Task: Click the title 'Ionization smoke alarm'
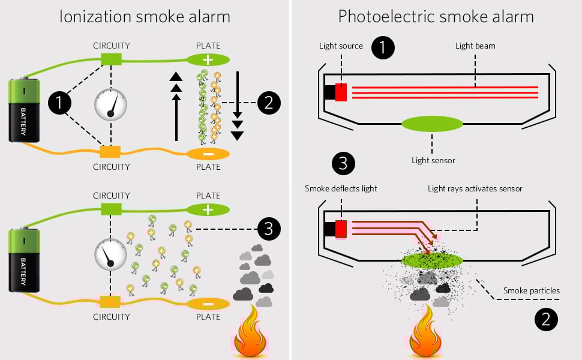tap(145, 16)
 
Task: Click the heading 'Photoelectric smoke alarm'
tap(436, 16)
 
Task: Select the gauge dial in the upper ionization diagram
tap(111, 104)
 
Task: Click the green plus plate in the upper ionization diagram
tap(208, 59)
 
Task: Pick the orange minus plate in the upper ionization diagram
tap(208, 154)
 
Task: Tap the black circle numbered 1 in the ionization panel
tap(59, 103)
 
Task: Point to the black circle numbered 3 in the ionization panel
tap(268, 229)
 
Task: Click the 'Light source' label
tap(341, 46)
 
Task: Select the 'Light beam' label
tap(475, 46)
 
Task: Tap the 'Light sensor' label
tap(433, 160)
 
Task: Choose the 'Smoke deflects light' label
tap(341, 188)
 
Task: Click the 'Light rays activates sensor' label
tap(475, 188)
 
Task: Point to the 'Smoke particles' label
tap(531, 291)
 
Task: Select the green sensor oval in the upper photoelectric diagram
tap(432, 124)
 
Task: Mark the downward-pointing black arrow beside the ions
tap(238, 105)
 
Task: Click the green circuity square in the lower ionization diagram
tap(111, 209)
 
